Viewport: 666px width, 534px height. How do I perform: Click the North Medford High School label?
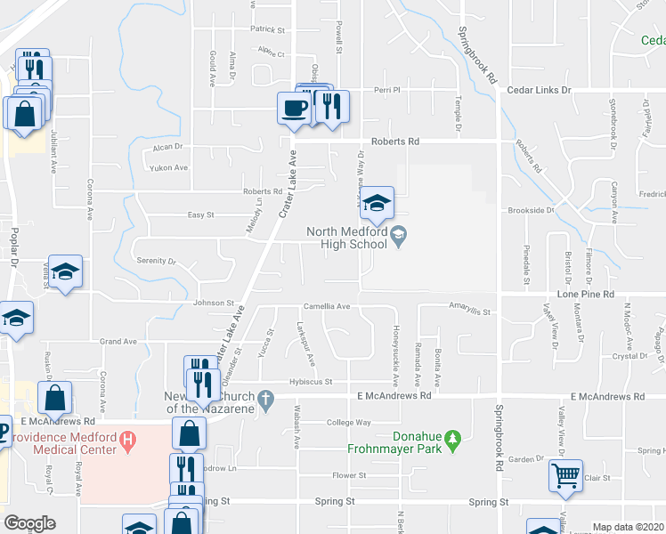pyautogui.click(x=346, y=239)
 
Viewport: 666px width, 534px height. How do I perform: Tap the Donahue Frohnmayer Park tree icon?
pyautogui.click(x=453, y=439)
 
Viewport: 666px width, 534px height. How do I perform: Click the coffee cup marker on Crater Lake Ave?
pyautogui.click(x=294, y=109)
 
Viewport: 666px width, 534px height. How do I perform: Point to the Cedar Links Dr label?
pyautogui.click(x=539, y=91)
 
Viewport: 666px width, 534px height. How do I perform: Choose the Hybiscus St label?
pyautogui.click(x=310, y=382)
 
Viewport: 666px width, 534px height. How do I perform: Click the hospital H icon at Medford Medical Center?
pyautogui.click(x=127, y=439)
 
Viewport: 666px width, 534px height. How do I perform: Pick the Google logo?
pyautogui.click(x=29, y=523)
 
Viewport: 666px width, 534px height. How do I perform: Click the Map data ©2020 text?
pyautogui.click(x=629, y=527)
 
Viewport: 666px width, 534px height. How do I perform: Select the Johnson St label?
pyautogui.click(x=213, y=303)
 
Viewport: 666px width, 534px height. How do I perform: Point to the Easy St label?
pyautogui.click(x=200, y=214)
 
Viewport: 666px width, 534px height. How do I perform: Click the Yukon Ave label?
pyautogui.click(x=169, y=167)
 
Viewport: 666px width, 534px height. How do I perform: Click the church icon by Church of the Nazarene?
pyautogui.click(x=265, y=402)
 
